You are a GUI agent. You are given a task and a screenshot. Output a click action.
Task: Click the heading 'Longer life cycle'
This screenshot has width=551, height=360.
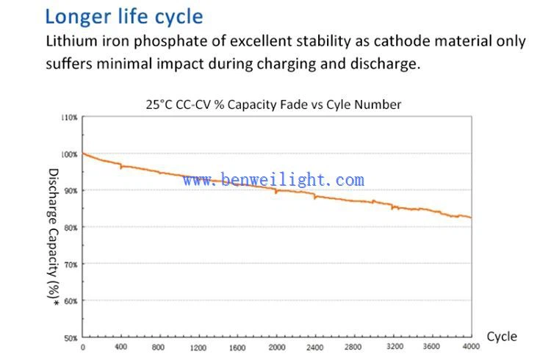click(x=123, y=16)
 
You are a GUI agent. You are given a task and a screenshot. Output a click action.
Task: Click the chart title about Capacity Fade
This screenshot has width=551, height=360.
click(x=274, y=104)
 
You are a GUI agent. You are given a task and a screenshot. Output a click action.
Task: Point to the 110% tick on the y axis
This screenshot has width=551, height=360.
click(x=69, y=118)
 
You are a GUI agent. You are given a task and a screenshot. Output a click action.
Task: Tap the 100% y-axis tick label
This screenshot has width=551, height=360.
click(x=69, y=154)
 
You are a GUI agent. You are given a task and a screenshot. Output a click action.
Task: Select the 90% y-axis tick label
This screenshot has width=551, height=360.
click(x=71, y=190)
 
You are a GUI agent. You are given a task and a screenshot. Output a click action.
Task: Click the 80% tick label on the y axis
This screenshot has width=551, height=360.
click(x=71, y=227)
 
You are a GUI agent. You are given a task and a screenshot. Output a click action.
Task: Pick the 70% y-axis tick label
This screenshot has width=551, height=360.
click(x=71, y=264)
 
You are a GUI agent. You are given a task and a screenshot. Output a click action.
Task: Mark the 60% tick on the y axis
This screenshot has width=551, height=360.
click(x=71, y=300)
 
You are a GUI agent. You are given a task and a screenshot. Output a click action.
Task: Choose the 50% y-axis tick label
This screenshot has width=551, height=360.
click(x=71, y=338)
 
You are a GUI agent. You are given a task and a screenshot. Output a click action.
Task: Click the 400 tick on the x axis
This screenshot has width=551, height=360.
click(x=120, y=348)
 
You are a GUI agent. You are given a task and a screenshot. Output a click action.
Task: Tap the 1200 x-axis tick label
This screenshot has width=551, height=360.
click(x=198, y=348)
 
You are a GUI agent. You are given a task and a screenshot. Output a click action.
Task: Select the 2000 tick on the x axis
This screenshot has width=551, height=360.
click(x=276, y=348)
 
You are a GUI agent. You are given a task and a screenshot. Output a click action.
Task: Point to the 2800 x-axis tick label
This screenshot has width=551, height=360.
click(x=353, y=348)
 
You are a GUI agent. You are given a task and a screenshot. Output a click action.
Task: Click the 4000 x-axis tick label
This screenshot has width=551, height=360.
click(x=471, y=348)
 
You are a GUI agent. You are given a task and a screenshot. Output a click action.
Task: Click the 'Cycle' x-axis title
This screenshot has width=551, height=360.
click(x=502, y=336)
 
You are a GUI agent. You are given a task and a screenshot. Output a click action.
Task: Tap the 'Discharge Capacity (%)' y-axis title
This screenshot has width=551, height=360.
click(x=53, y=232)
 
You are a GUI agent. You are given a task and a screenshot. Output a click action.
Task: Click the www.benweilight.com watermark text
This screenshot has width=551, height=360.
click(x=273, y=180)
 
